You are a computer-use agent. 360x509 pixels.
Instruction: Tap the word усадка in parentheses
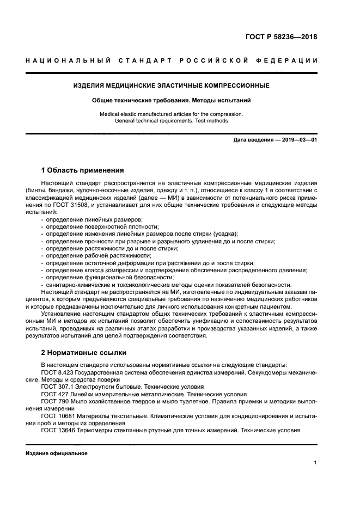tap(225, 234)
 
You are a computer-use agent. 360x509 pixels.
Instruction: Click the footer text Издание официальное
tap(57, 453)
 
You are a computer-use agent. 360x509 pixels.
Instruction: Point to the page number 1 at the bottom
tap(315, 463)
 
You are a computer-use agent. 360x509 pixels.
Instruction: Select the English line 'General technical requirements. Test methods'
tap(171, 121)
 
